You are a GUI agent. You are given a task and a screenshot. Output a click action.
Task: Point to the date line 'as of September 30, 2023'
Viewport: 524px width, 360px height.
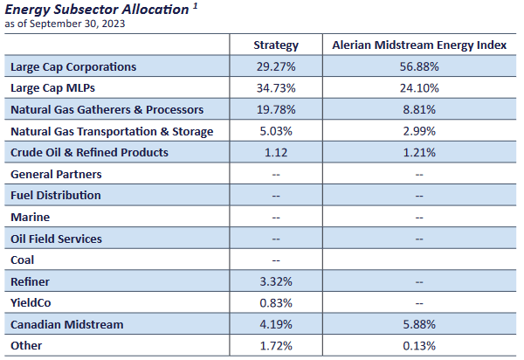point(65,23)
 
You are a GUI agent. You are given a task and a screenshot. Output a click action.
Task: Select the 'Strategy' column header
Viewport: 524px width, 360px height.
point(276,45)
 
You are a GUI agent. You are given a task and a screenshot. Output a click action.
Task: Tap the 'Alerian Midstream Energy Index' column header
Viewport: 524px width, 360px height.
point(421,45)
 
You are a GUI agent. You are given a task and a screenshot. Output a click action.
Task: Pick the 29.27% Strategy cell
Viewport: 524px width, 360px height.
point(276,66)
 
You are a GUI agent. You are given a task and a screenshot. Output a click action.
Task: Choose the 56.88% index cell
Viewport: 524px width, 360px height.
point(421,66)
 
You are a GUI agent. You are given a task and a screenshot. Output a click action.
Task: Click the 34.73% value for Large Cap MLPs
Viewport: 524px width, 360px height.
point(276,88)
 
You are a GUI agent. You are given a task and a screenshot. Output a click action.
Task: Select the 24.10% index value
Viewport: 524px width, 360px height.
point(421,88)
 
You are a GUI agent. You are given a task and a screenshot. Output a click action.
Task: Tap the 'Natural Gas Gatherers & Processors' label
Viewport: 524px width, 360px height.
point(107,109)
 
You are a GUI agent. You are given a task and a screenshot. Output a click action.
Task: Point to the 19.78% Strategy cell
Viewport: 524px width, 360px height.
point(276,109)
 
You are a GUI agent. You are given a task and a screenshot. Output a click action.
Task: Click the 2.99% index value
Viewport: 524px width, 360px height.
point(421,131)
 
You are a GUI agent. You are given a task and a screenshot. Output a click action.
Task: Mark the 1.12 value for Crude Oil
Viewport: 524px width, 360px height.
point(276,153)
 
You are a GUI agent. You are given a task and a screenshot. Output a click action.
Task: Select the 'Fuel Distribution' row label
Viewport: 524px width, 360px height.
point(55,196)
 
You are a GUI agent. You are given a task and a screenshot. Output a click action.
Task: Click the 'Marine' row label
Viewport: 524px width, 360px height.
point(30,217)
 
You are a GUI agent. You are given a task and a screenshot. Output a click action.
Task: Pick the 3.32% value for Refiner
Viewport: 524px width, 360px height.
point(276,281)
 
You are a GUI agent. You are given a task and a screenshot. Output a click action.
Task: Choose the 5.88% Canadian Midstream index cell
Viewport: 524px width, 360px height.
point(421,324)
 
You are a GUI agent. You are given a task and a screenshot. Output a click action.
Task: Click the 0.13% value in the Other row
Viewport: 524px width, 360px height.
point(421,346)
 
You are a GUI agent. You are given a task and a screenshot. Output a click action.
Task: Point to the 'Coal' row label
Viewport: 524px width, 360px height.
point(23,260)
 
